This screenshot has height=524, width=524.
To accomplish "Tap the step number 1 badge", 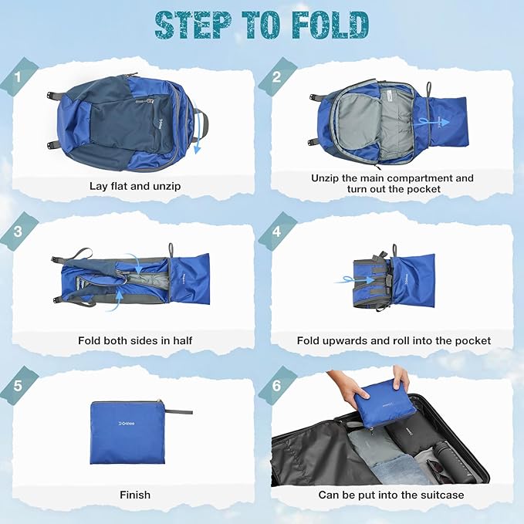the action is (18, 78).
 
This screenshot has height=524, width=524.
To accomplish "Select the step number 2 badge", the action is (276, 77).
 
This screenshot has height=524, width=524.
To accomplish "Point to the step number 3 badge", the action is (18, 232).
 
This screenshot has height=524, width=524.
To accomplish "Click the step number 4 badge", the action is (277, 232).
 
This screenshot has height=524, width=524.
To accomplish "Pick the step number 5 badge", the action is (18, 386).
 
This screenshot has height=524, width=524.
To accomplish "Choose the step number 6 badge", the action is (277, 386).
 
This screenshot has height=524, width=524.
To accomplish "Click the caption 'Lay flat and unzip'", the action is (135, 186).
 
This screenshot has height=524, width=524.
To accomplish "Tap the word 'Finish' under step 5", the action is (135, 495).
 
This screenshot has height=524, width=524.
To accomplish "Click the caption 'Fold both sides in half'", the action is (135, 340).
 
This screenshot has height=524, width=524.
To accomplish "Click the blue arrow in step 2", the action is (431, 123).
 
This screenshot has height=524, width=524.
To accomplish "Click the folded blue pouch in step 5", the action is (127, 432).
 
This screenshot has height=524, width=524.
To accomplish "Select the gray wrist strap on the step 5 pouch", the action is (179, 411).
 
